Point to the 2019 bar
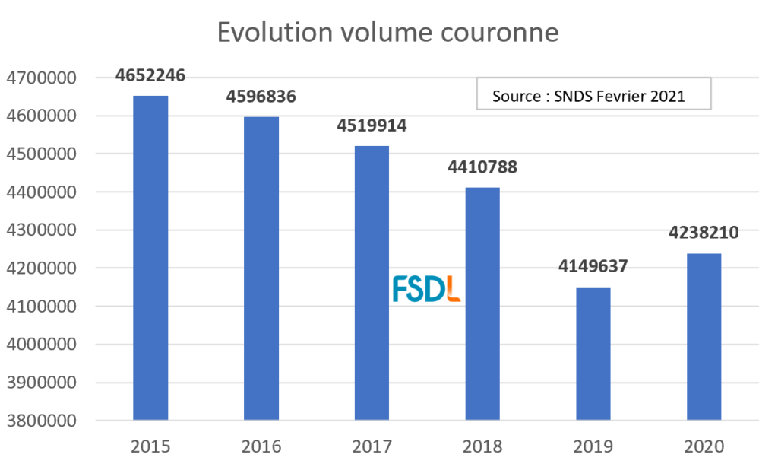(593, 353)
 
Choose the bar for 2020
(704, 336)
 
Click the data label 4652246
(150, 75)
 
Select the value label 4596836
(261, 97)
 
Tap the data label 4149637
(593, 268)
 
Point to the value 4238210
(704, 233)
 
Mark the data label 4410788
(482, 167)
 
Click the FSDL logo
(427, 289)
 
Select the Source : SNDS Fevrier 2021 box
(593, 96)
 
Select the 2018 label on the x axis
(482, 445)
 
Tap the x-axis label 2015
(150, 445)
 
